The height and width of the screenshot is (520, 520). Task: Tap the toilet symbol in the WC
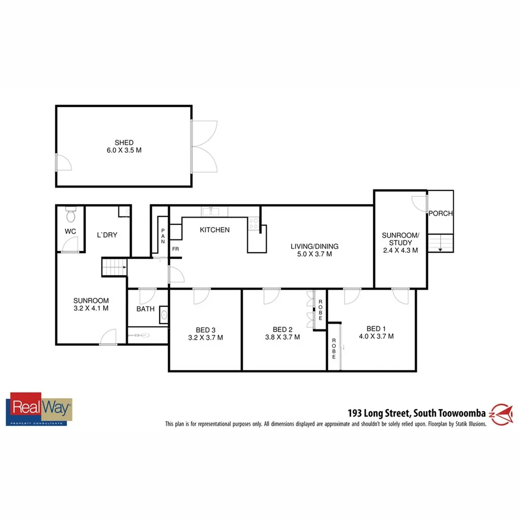tap(70, 215)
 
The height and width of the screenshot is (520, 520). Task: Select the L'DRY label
tap(107, 235)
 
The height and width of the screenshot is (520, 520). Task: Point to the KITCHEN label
tap(215, 230)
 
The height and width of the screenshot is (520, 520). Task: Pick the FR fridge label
tap(175, 249)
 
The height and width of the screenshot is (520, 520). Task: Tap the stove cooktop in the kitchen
tap(253, 223)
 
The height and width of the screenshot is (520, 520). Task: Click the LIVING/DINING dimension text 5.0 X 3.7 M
tap(314, 254)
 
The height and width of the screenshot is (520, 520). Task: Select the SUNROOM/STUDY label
tap(397, 239)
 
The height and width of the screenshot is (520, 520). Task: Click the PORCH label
tap(441, 214)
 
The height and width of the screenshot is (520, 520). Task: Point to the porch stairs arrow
tap(441, 249)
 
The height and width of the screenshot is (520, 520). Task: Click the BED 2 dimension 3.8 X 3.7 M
tap(282, 337)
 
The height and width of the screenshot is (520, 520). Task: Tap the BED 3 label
tap(205, 329)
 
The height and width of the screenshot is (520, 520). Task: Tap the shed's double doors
tap(204, 147)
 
